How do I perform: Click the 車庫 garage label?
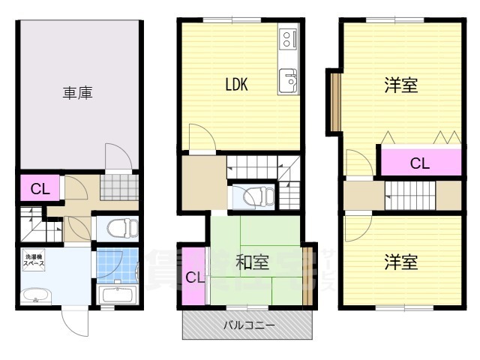[x=77, y=94]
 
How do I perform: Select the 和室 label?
[x=252, y=262]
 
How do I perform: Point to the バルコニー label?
[x=249, y=325]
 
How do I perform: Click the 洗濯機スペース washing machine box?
[x=33, y=260]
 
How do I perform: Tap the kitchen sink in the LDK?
[x=289, y=79]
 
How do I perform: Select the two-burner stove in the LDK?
[x=289, y=40]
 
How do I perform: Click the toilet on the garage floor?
[x=119, y=227]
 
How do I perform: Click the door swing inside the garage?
[x=116, y=157]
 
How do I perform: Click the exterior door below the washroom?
[x=75, y=323]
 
